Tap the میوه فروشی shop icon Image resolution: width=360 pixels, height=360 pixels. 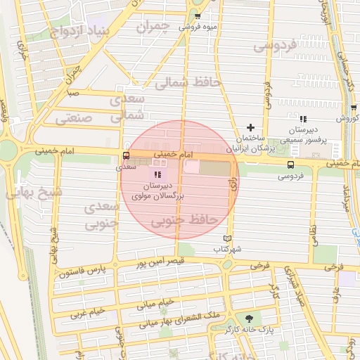pyautogui.click(x=197, y=16)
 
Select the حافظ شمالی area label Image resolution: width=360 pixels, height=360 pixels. pyautogui.click(x=186, y=82)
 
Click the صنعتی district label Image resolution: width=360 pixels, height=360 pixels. pyautogui.click(x=74, y=117)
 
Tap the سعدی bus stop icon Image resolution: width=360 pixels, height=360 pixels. pyautogui.click(x=126, y=156)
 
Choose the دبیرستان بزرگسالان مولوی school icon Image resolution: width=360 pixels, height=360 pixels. pyautogui.click(x=157, y=174)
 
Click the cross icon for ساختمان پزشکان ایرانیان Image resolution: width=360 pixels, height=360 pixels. pyautogui.click(x=250, y=127)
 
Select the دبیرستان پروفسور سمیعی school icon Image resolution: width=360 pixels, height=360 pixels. pyautogui.click(x=304, y=119)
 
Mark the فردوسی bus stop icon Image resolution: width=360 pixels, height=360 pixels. pyautogui.click(x=290, y=165)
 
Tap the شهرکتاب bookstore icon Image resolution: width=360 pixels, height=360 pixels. pyautogui.click(x=227, y=239)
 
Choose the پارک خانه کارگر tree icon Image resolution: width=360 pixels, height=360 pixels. pyautogui.click(x=247, y=317)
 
